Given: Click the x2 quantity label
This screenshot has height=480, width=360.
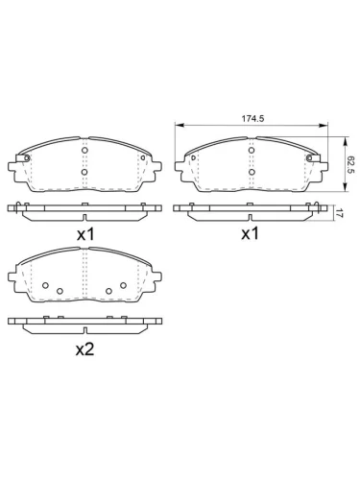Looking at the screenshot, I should [x=85, y=349].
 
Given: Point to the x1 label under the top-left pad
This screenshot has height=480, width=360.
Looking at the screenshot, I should [x=85, y=233].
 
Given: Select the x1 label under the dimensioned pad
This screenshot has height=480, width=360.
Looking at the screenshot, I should [x=251, y=233].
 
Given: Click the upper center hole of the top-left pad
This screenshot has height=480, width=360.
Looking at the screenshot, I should [x=85, y=152].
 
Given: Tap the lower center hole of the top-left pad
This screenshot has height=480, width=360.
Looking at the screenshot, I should [x=85, y=173].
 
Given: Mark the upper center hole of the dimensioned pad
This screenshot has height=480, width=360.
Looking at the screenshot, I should [x=251, y=152].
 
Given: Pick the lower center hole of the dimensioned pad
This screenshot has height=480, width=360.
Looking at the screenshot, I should [x=251, y=173].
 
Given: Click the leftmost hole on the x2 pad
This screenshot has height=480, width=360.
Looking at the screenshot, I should [x=45, y=285].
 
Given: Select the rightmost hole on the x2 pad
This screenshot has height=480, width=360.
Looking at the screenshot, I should [x=124, y=285].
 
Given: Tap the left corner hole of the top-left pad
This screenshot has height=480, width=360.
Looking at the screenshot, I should [x=27, y=158].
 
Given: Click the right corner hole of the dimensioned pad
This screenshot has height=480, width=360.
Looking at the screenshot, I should [x=308, y=158].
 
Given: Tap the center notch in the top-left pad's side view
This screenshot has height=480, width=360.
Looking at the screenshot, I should [x=85, y=205].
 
